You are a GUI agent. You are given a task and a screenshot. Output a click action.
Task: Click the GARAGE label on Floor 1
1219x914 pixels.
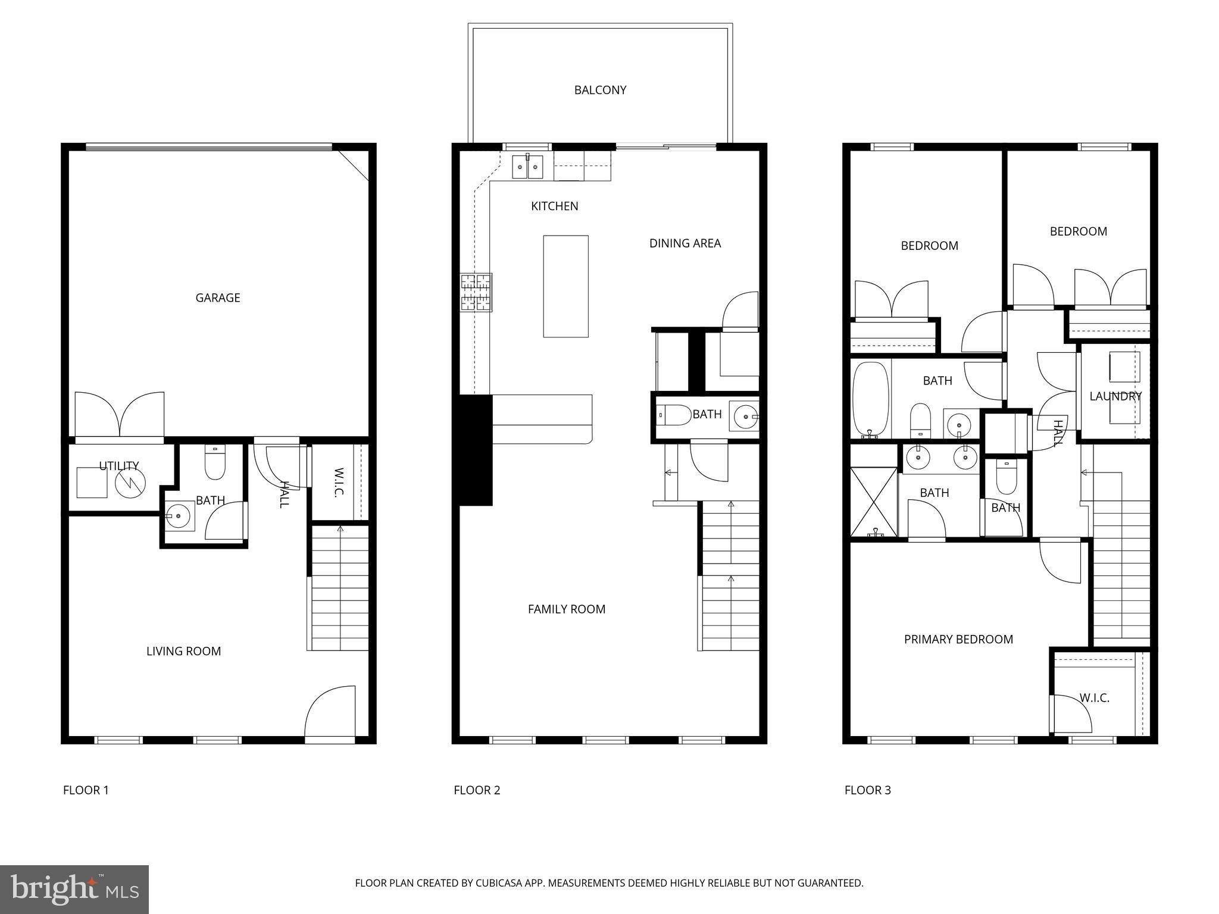pos(218,298)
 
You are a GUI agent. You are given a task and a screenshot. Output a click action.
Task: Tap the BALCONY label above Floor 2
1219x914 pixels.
pos(600,90)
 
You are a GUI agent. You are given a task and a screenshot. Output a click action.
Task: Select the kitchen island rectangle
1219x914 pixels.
pos(565,286)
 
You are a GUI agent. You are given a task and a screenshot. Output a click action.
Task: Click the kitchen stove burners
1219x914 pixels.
pos(476,292)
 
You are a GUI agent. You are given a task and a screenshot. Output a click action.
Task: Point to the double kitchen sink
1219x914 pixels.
pos(528,166)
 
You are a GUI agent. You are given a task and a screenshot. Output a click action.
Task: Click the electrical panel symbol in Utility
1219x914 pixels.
pos(130,482)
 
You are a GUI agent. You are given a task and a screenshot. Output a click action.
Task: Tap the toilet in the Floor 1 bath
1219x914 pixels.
pos(215,463)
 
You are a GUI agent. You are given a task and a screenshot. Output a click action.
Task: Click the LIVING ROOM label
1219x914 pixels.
pos(183,651)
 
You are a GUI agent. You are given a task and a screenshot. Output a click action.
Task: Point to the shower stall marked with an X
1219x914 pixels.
pos(873,502)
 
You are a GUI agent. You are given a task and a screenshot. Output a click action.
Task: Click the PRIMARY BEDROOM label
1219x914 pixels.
pos(958,639)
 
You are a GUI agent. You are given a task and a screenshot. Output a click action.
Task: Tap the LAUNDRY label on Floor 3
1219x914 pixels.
pos(1115,396)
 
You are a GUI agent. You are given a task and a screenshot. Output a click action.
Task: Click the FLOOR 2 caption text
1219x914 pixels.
pos(477,790)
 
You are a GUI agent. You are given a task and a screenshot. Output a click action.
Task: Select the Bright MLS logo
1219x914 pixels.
pos(74,889)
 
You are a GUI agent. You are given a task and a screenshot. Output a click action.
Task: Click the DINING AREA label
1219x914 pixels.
pos(684,243)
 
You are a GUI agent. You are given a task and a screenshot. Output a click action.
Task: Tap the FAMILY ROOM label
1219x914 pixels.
pos(566,609)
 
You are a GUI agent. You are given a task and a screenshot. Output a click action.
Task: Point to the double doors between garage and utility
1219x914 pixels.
pos(120,415)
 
